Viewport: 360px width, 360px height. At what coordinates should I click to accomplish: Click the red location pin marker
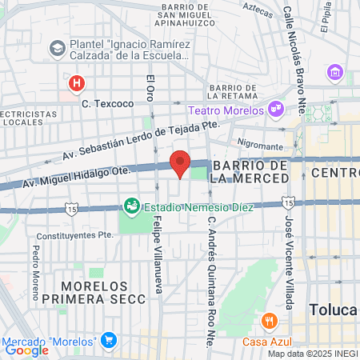pyautogui.click(x=180, y=163)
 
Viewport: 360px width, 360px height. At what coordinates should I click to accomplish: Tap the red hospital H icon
pyautogui.click(x=76, y=82)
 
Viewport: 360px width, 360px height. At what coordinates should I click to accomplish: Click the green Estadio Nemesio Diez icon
pyautogui.click(x=130, y=206)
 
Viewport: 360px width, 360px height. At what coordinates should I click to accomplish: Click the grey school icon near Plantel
pyautogui.click(x=57, y=48)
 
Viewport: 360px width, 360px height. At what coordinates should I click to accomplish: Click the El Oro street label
pyautogui.click(x=149, y=87)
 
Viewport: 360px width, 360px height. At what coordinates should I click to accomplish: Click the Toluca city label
pyautogui.click(x=332, y=310)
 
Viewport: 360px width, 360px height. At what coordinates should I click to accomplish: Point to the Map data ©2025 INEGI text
pyautogui.click(x=311, y=354)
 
